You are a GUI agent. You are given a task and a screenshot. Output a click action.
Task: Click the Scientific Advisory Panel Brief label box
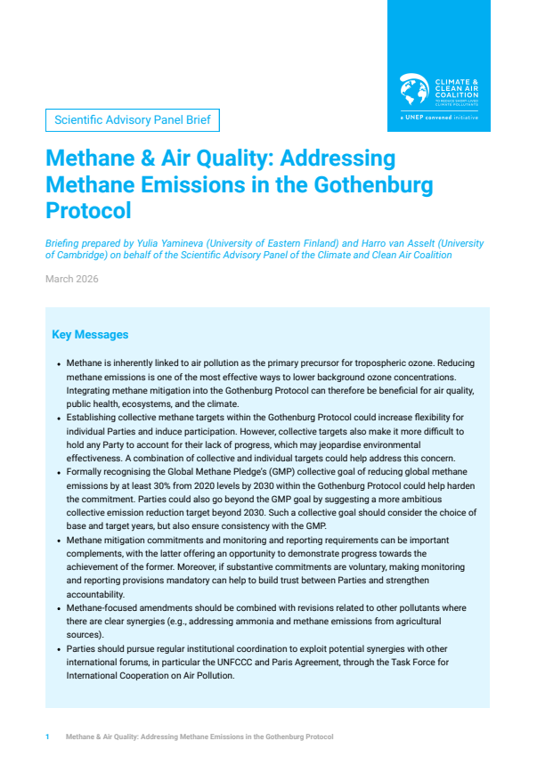132,119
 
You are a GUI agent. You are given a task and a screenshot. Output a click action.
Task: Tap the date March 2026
72,279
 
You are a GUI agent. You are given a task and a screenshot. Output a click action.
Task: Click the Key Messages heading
90,335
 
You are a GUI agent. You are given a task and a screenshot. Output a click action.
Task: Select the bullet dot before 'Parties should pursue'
59,649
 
